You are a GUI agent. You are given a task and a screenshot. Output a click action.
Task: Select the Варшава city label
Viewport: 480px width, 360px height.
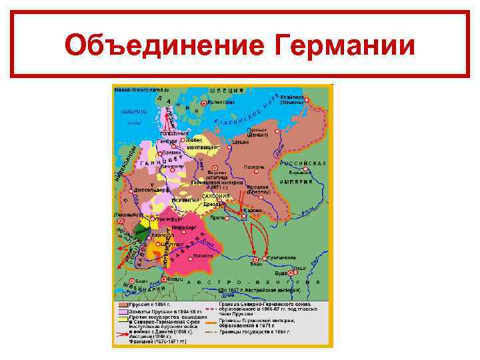coord(309,172)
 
